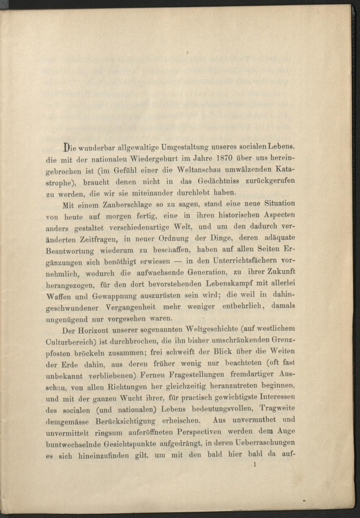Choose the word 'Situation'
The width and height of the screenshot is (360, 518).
pyautogui.click(x=280, y=203)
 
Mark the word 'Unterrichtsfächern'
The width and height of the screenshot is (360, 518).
pyautogui.click(x=246, y=260)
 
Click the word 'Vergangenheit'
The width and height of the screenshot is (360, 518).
pyautogui.click(x=131, y=308)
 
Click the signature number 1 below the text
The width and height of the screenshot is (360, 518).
pyautogui.click(x=255, y=465)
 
